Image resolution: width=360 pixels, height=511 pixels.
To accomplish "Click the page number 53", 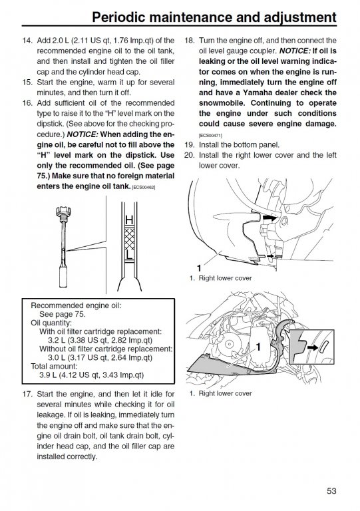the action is click(331, 491).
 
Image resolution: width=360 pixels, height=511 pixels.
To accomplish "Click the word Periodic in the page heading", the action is click(118, 17).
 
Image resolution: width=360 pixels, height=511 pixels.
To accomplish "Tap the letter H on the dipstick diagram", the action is click(129, 221).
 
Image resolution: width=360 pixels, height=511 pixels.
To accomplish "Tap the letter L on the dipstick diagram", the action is click(129, 255).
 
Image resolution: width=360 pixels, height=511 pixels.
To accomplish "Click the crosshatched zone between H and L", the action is click(129, 239).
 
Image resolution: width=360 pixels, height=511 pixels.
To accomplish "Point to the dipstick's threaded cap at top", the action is click(63, 212).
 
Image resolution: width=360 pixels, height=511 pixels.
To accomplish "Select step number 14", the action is click(27, 41).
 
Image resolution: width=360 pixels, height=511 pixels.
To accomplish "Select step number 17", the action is click(27, 395).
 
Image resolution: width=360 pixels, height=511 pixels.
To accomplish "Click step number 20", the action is click(189, 155).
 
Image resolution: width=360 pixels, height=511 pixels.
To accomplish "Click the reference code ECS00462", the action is click(144, 188).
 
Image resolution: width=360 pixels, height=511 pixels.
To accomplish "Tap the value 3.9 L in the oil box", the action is click(48, 375).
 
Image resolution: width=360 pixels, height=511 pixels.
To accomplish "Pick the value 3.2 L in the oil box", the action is click(57, 340).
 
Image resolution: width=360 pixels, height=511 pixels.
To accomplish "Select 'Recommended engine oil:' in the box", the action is click(76, 305).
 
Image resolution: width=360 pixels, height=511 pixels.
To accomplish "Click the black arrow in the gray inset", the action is click(313, 348).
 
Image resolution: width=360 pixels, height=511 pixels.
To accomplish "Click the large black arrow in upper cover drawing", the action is click(270, 218).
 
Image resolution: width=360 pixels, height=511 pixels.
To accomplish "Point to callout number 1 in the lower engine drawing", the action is click(258, 347).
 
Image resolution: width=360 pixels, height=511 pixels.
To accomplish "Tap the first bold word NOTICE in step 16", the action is click(83, 134).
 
